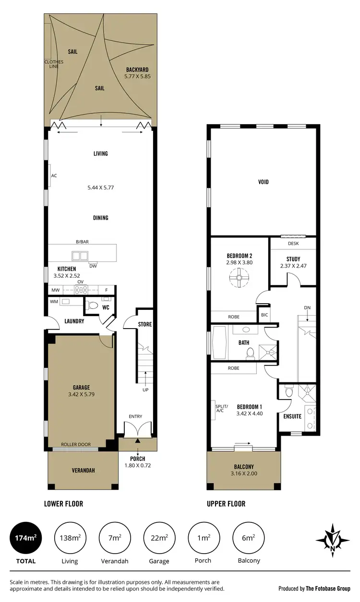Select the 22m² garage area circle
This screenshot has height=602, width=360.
point(159,538)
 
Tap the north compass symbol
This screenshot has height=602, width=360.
point(332,540)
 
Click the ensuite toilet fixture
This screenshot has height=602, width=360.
point(288,392)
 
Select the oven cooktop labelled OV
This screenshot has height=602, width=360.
point(80,289)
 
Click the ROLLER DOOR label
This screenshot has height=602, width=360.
point(75,445)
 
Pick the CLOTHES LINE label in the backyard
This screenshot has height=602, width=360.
point(51,64)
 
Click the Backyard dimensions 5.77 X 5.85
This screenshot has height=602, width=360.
point(137,76)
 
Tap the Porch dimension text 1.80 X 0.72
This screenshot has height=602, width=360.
point(138,465)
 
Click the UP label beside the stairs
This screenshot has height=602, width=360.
point(145,390)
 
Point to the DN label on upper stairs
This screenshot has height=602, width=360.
point(307,307)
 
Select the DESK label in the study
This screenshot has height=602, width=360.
point(293,243)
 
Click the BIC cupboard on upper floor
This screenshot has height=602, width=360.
point(264,316)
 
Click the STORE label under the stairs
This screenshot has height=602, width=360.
point(145,324)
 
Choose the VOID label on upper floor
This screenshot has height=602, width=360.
point(263,182)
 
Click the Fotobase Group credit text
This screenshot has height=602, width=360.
point(315,588)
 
